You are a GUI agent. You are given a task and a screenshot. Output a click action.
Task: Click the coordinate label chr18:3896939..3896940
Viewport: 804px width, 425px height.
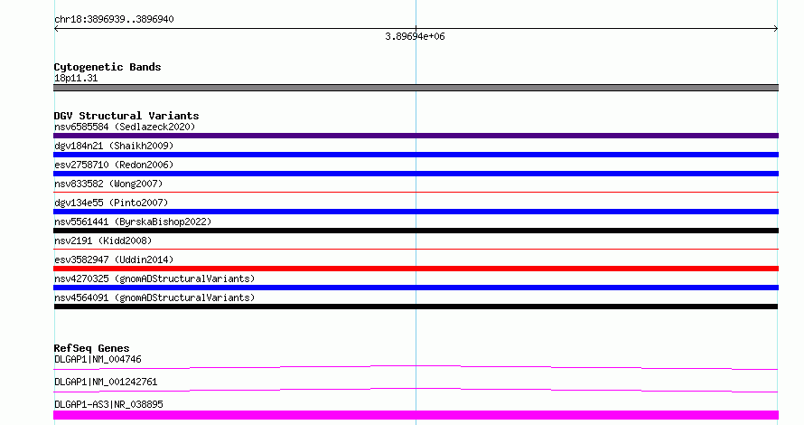click(x=114, y=19)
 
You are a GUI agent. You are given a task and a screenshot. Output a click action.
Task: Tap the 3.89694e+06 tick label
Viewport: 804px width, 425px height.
click(x=415, y=36)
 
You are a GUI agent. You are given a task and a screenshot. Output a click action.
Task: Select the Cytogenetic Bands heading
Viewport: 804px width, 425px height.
click(x=108, y=67)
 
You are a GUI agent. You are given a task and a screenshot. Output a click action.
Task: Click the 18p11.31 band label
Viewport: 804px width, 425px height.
click(x=76, y=78)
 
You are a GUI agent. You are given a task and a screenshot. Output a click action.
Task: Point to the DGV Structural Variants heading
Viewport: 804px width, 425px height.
click(x=126, y=116)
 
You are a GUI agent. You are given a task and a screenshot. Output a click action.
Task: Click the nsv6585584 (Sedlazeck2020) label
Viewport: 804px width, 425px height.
click(x=125, y=127)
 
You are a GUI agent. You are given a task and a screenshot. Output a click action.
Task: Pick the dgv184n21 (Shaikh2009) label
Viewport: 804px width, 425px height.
click(x=114, y=146)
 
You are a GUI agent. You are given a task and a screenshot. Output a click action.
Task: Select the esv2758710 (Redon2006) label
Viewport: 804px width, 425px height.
click(x=114, y=165)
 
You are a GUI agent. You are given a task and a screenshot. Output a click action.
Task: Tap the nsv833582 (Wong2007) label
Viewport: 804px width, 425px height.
click(x=108, y=184)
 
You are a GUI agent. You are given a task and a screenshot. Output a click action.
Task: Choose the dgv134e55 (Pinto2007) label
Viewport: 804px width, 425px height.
click(x=111, y=203)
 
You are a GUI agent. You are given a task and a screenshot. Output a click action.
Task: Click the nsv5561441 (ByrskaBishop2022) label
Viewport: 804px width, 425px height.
click(x=133, y=222)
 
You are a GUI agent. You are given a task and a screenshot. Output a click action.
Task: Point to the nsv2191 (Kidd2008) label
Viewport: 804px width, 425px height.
click(x=103, y=241)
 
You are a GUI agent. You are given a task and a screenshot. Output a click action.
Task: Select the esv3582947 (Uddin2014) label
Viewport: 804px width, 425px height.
click(x=114, y=260)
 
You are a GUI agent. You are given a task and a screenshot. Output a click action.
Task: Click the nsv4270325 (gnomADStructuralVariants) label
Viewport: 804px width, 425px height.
click(x=154, y=279)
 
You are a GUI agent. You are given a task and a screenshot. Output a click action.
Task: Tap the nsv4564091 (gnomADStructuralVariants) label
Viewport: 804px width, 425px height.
click(x=154, y=297)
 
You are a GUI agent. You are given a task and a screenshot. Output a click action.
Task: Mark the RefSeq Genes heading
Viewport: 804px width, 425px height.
click(x=91, y=348)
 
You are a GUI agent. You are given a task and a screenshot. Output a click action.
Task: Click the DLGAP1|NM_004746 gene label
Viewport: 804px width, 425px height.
click(x=98, y=359)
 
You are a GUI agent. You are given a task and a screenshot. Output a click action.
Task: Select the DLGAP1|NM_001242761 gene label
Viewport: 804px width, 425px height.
click(x=106, y=382)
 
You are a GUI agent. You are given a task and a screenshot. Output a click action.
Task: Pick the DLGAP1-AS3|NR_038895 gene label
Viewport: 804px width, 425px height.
click(x=108, y=404)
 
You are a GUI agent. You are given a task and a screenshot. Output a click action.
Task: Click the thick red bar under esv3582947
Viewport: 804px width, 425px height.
click(x=416, y=269)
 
